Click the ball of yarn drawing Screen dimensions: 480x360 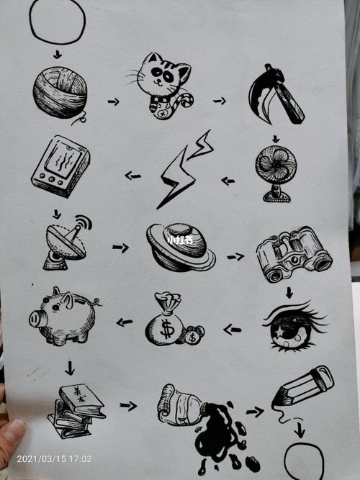pyautogui.click(x=60, y=92)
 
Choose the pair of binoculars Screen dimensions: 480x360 pyautogui.click(x=293, y=253)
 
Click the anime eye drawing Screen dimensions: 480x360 pyautogui.click(x=292, y=326)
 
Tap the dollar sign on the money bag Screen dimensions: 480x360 pyautogui.click(x=167, y=330)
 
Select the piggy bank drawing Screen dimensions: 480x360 pyautogui.click(x=63, y=317)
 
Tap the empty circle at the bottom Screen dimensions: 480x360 pyautogui.click(x=304, y=461)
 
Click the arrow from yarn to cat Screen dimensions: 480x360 pyautogui.click(x=113, y=101)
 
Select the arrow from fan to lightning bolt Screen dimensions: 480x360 pyautogui.click(x=228, y=181)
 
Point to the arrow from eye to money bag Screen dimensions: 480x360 pyautogui.click(x=232, y=330)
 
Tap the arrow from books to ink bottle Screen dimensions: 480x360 pyautogui.click(x=128, y=406)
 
